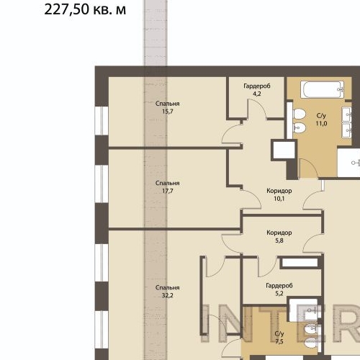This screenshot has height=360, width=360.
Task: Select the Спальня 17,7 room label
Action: tap(168, 187)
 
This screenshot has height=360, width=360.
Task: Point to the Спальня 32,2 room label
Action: tap(168, 292)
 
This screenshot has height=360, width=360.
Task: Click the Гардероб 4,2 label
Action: tap(256, 89)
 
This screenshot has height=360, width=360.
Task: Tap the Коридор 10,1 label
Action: tap(279, 196)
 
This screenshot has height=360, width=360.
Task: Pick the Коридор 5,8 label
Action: tap(279, 237)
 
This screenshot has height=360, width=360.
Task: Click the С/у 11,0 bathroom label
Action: tap(321, 119)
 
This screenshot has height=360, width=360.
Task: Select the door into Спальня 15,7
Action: tap(233, 134)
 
